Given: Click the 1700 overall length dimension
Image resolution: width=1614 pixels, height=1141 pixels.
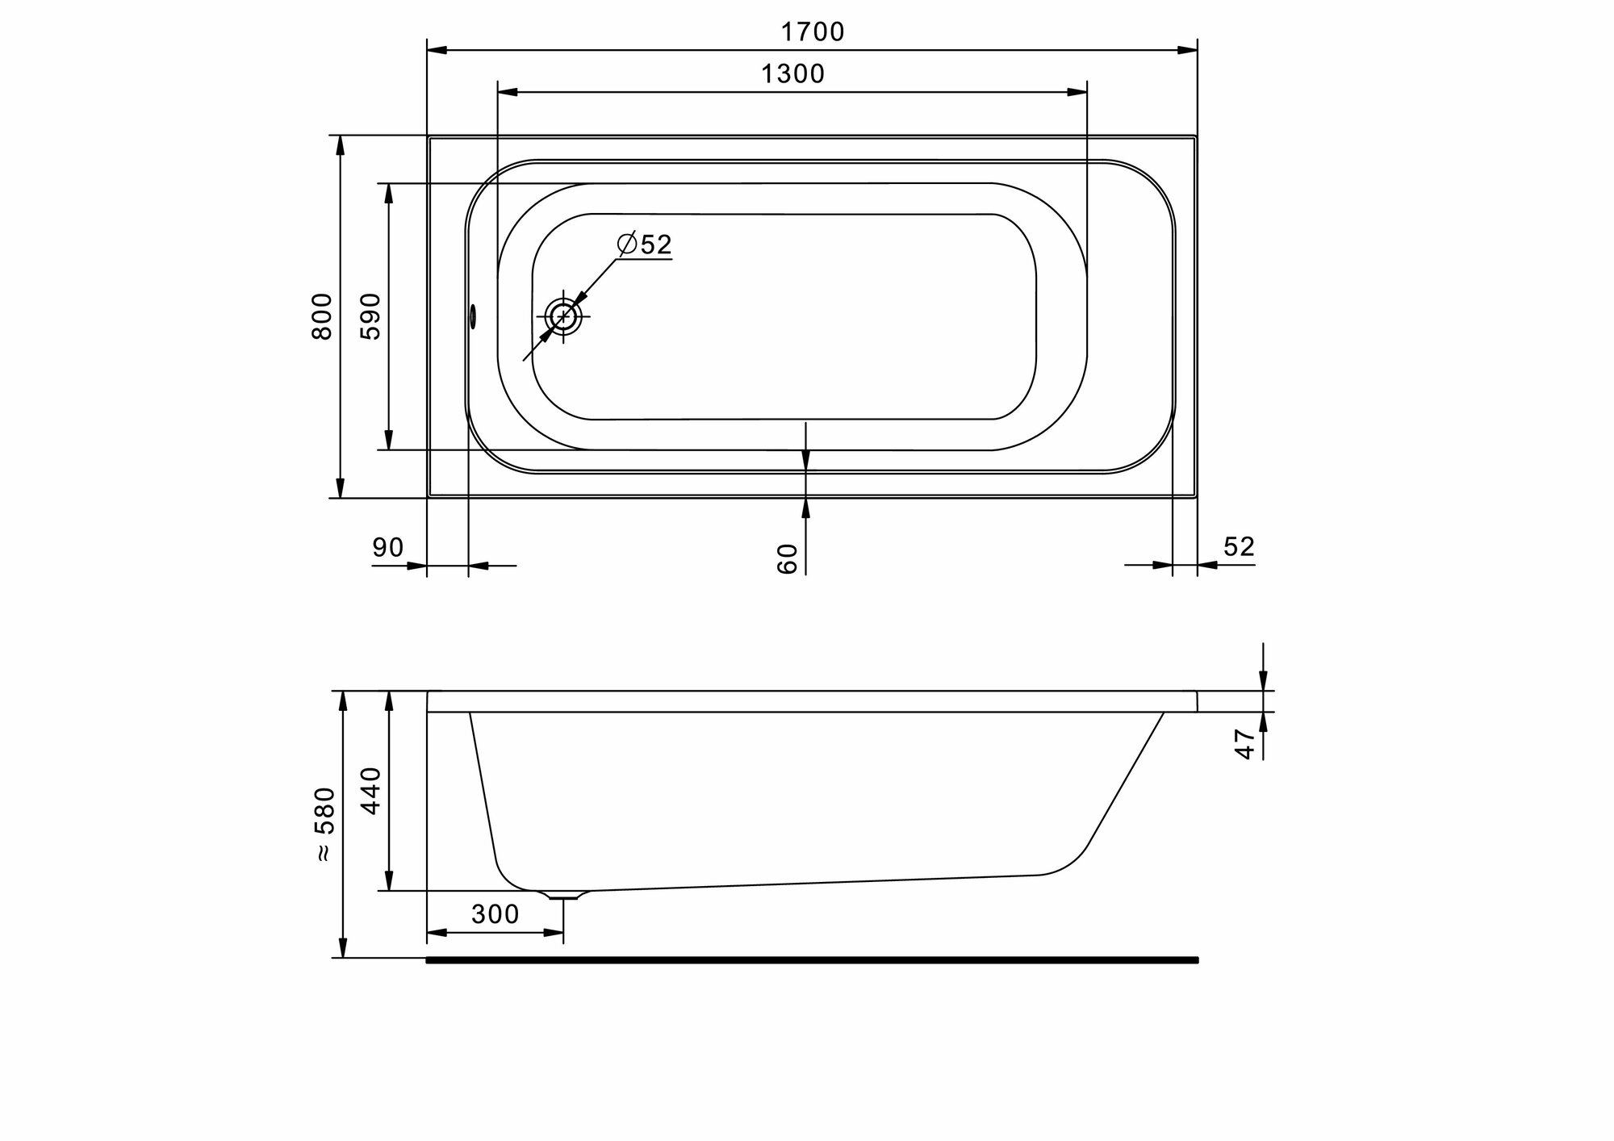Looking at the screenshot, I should [812, 32].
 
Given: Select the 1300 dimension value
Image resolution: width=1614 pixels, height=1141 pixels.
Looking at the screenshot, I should [792, 74].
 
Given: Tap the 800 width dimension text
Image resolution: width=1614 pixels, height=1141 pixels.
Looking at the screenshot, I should [321, 316].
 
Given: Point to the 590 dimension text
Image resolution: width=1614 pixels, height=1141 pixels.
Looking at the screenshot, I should [370, 316].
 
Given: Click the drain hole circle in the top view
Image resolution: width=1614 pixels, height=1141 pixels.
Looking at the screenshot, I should [563, 316].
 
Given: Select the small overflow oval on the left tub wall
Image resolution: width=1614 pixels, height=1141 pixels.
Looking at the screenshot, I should [473, 316].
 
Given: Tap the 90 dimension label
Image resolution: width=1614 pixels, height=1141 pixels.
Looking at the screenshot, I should [387, 548].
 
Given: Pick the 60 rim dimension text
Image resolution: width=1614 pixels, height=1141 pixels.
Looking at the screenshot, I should [787, 558].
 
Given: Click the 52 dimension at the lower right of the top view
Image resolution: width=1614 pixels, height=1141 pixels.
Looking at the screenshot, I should [1239, 547].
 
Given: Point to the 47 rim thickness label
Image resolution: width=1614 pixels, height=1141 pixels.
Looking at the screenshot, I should [1245, 743].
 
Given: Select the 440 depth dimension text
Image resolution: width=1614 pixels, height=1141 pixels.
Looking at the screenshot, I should [370, 791].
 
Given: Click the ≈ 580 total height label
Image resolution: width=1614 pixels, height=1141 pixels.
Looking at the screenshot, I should [323, 824].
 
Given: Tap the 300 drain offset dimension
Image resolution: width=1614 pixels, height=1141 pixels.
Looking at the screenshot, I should [495, 914].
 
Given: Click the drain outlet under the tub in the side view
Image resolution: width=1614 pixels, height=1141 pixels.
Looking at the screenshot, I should [563, 895].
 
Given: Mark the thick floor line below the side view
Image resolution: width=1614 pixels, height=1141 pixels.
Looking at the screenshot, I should [812, 959].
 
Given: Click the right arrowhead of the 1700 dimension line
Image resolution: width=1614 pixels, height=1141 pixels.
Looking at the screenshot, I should [1188, 50].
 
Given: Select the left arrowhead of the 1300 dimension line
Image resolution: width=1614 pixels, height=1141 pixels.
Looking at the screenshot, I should [508, 92].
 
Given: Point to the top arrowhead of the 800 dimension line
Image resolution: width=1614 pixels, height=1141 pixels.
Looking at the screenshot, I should [341, 145].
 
